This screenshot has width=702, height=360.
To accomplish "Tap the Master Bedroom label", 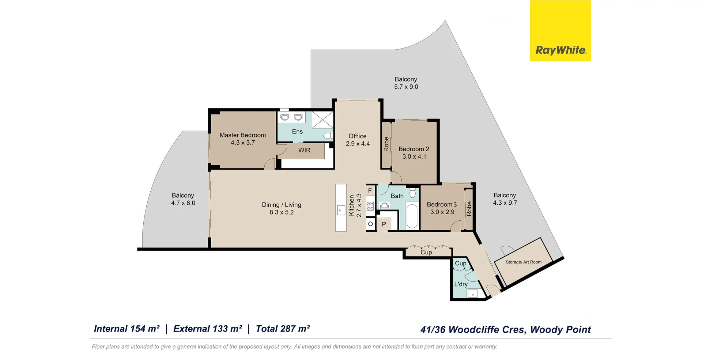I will [242, 135].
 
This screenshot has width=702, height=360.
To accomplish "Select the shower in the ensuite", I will [322, 120].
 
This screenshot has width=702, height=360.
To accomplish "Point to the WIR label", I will [304, 150].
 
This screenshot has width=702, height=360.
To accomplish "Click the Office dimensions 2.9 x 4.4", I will [358, 144].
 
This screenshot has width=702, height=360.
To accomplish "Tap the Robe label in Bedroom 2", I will [386, 144].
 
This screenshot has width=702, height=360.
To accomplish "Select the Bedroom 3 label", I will [442, 205].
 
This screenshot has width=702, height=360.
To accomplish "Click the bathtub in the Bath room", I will [412, 216].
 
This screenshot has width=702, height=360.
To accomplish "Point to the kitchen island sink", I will [341, 210].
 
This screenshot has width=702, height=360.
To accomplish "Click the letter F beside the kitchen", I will [370, 190].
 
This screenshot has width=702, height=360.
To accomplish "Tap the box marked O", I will [370, 224].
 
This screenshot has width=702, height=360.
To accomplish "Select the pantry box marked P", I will [384, 224].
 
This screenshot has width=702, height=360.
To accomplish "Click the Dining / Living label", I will [282, 205].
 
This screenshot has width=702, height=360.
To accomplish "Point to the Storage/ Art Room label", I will [523, 262].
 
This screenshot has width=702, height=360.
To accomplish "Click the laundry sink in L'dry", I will [473, 293].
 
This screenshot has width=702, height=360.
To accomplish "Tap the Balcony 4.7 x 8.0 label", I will [183, 199].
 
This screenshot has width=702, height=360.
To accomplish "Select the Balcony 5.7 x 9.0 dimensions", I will [406, 87].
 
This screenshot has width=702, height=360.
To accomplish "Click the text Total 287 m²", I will [283, 329].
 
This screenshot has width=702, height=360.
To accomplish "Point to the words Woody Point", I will [560, 330].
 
